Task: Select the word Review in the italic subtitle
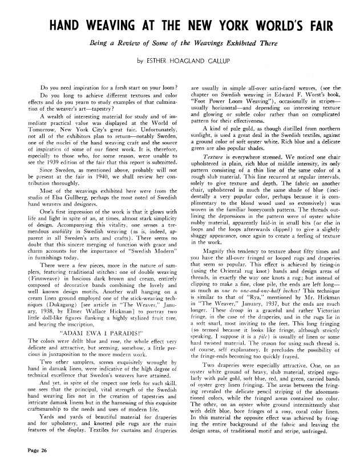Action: point(130,43)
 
